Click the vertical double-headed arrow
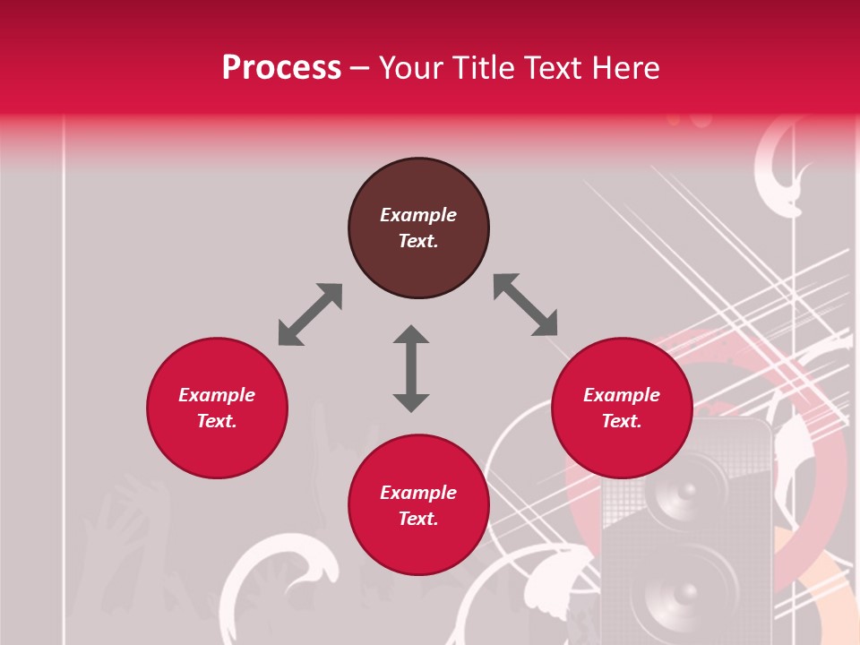point(411,368)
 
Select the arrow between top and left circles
point(310,314)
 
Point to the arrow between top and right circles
point(525,305)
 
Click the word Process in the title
point(281,67)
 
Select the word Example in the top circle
point(418,215)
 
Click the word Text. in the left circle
point(217,421)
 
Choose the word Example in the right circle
point(622,395)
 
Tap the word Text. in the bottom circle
point(418,519)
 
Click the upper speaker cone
point(685,493)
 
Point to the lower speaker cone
point(683,591)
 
